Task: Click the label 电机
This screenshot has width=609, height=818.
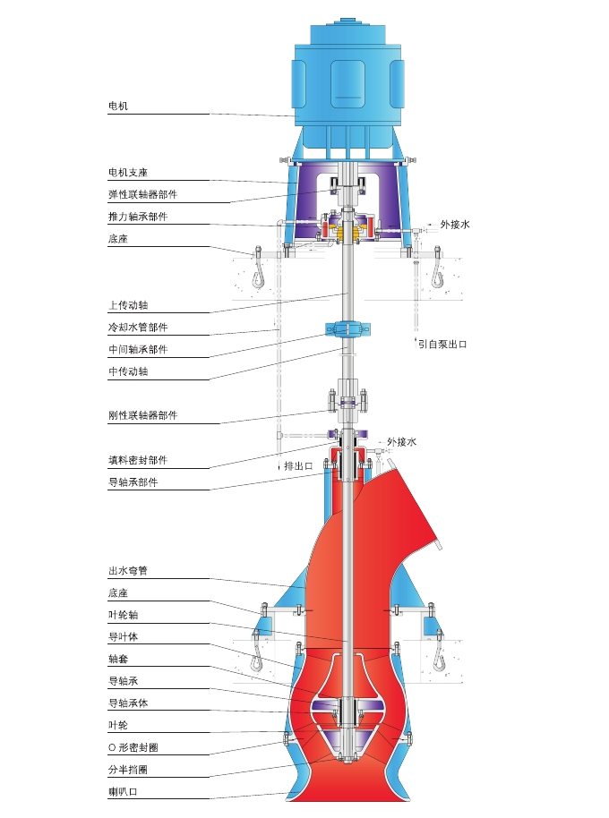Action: (x=119, y=107)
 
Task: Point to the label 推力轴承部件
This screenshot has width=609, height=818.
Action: (x=137, y=217)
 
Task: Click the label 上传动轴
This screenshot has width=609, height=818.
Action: (x=128, y=305)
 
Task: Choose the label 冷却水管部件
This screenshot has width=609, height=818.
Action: (x=137, y=328)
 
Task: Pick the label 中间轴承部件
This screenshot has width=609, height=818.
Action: (x=137, y=350)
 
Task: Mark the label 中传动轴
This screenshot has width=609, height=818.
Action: (x=128, y=371)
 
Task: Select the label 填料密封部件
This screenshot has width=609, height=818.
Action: (x=137, y=460)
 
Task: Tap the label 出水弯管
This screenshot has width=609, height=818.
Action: (x=128, y=570)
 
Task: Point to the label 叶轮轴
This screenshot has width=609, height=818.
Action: (x=123, y=615)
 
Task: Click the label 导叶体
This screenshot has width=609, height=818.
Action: (x=123, y=636)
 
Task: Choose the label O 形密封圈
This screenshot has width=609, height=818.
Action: (x=133, y=746)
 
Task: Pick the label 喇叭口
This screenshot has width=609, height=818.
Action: (x=123, y=791)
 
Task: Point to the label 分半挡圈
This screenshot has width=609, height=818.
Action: (x=128, y=769)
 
